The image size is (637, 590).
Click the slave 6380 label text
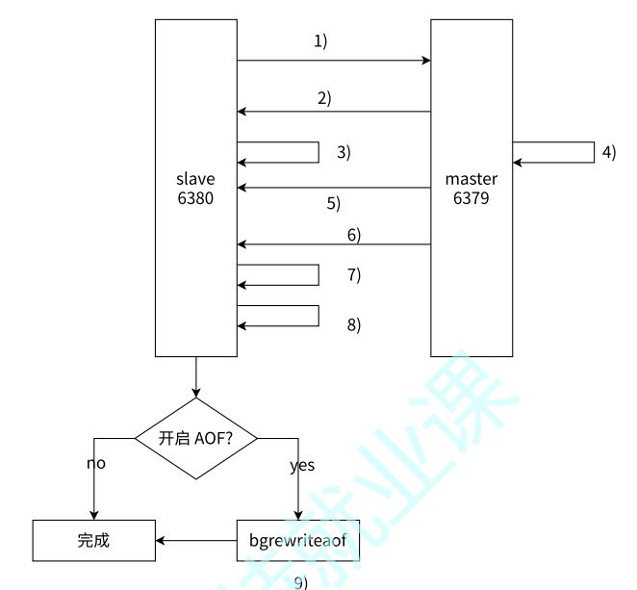click(x=195, y=189)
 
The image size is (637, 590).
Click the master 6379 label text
click(x=471, y=189)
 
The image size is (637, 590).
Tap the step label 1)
click(x=320, y=40)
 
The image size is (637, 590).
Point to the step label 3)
click(x=344, y=152)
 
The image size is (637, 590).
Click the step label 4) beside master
click(x=608, y=152)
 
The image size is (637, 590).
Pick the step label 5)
click(x=333, y=203)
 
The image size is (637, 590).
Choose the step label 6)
click(x=353, y=235)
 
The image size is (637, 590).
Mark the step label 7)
click(x=353, y=275)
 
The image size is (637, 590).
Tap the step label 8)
click(x=353, y=324)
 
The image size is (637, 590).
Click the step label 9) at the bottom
click(x=299, y=582)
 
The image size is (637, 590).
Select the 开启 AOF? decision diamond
click(x=195, y=438)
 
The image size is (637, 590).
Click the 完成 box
click(x=93, y=540)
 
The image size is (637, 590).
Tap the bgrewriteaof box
click(x=298, y=540)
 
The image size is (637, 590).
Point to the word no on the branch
click(x=95, y=463)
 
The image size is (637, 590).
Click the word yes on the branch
click(x=303, y=466)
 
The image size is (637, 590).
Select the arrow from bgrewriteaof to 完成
click(x=196, y=540)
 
